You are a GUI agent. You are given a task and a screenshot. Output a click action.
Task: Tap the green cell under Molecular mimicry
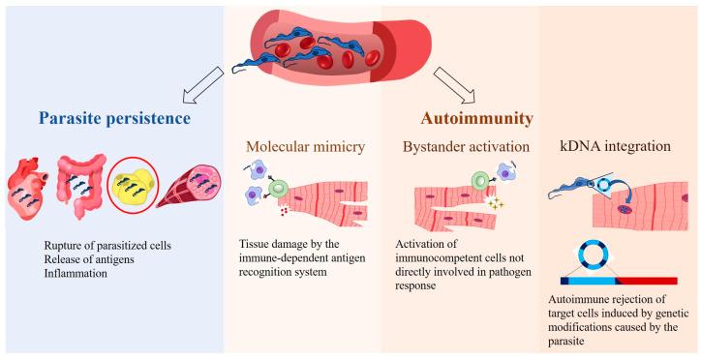coord(280,187)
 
